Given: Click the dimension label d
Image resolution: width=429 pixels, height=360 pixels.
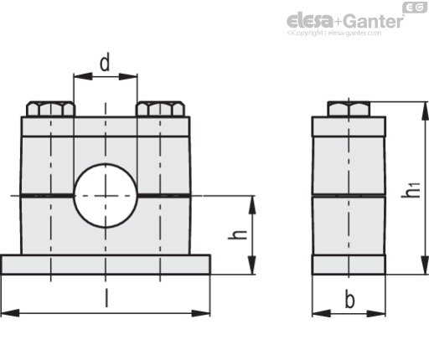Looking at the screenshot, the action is [x=105, y=64].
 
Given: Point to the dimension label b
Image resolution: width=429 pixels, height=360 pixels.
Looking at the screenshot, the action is [x=349, y=299].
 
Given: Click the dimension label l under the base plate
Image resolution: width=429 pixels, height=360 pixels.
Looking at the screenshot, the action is [x=106, y=298].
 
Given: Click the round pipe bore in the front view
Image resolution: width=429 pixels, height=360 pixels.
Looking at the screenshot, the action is [x=106, y=196].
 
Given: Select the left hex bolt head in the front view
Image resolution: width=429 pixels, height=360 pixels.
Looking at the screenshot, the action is [x=50, y=109].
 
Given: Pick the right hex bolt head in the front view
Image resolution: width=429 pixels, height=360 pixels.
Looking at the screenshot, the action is [x=160, y=109].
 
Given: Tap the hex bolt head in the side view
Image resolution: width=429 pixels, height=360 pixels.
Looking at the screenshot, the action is [x=349, y=109].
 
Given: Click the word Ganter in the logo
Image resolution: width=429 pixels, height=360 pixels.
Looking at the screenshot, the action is [x=373, y=21].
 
